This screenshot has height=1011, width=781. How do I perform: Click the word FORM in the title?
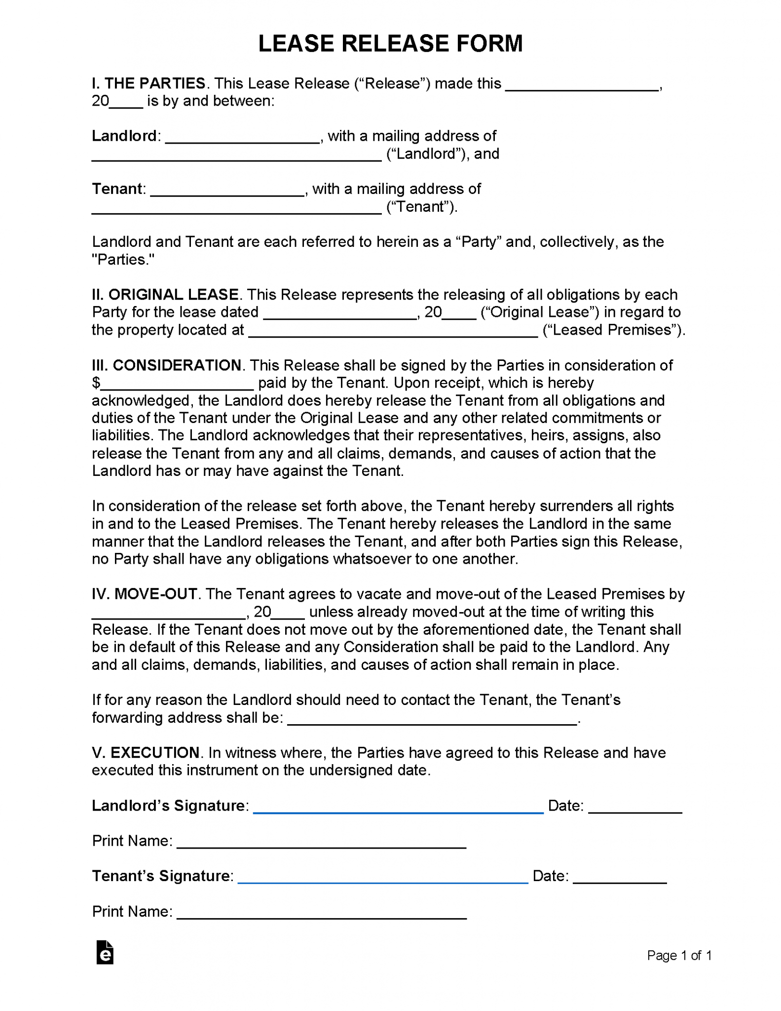coord(488,43)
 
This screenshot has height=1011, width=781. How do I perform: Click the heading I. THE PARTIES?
coord(149,83)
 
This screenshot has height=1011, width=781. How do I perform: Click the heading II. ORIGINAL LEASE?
coord(165,295)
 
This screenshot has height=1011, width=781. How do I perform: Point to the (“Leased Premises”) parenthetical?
coord(613,330)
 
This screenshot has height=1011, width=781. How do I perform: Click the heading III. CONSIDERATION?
coord(167,365)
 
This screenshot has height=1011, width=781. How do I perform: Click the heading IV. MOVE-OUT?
coord(145,594)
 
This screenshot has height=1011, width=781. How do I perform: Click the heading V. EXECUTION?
coord(146,753)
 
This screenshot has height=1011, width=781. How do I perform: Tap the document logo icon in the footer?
coord(105,952)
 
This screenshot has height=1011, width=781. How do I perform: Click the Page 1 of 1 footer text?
coord(679,956)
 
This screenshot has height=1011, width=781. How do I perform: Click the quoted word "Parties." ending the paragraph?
coord(123,260)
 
